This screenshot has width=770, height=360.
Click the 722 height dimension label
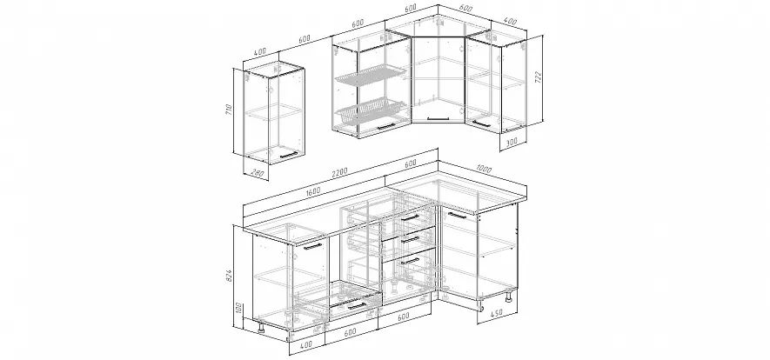coord(538,78)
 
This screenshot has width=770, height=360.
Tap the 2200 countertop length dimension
coord(339,173)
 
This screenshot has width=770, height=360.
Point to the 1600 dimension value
coord(312,190)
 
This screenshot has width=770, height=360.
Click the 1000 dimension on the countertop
coord(484,170)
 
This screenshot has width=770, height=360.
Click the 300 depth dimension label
coord(512,141)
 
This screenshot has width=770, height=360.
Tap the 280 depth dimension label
coord(258,173)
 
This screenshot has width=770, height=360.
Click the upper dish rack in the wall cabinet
coord(371,77)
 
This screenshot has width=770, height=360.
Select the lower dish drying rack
coord(371,110)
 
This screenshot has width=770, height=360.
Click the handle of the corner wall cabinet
coord(438,117)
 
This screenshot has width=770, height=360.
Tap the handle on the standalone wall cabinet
coord(288,156)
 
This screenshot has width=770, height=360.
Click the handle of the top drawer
coord(410,217)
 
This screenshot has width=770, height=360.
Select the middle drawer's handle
coord(410,239)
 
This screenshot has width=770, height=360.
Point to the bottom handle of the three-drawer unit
coord(410,261)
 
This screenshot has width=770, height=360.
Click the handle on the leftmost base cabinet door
coord(312,246)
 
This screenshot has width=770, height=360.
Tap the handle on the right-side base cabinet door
coord(457,216)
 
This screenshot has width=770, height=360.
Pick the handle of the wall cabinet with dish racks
coord(386,126)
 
